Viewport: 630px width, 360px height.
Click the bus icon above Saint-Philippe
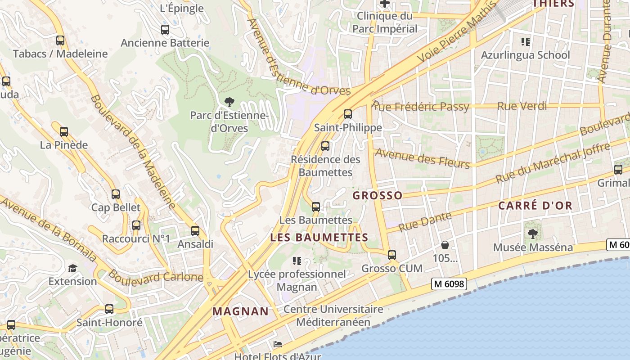click(x=347, y=114)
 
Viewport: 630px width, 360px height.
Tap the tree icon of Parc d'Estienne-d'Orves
click(x=229, y=102)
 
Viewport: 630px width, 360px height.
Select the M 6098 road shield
click(x=448, y=284)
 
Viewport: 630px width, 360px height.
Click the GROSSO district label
click(x=378, y=195)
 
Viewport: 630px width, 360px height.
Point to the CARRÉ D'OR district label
click(x=535, y=206)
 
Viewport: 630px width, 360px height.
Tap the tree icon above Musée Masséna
click(x=533, y=234)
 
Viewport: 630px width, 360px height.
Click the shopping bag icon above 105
click(x=445, y=245)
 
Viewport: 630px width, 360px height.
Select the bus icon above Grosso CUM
click(x=392, y=255)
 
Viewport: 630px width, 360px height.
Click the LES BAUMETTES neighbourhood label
click(x=319, y=237)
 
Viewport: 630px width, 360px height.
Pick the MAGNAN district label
click(x=240, y=311)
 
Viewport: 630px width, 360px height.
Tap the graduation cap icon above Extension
click(x=72, y=268)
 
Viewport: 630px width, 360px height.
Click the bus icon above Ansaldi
click(x=195, y=230)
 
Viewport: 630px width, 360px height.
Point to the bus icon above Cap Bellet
click(x=116, y=194)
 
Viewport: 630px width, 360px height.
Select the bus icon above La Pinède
click(x=64, y=132)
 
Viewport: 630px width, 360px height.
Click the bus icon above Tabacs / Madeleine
click(x=60, y=40)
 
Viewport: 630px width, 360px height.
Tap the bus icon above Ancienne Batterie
click(x=165, y=30)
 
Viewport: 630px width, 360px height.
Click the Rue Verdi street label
click(x=522, y=106)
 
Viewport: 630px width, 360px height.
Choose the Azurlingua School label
click(x=525, y=55)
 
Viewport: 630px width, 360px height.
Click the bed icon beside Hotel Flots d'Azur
click(x=278, y=344)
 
